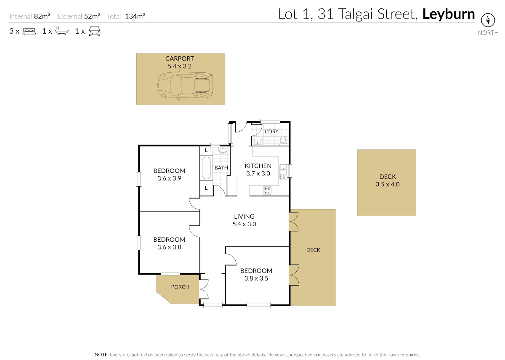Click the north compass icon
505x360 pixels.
coord(488,20)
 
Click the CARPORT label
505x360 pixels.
coord(179,58)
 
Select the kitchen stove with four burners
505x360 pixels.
coord(267,191)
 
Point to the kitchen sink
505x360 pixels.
coord(283,172)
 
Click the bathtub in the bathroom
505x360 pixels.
coord(206,168)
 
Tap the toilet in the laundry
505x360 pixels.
coord(283,140)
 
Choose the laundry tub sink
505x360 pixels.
coord(257,141)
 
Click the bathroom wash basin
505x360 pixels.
coord(223,150)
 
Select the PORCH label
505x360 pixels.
coord(180,287)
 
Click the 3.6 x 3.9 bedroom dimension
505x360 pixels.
coord(169,178)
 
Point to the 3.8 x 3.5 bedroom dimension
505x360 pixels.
coord(256,278)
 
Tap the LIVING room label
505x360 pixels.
coord(244,217)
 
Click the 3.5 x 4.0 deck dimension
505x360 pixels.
coord(388,184)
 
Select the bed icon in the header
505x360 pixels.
coord(29,31)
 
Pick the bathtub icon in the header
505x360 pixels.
coord(62,31)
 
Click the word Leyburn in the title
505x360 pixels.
coord(449,14)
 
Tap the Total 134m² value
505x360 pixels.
coord(135,16)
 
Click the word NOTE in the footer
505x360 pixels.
coord(101,355)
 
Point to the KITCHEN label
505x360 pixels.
coord(258,166)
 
